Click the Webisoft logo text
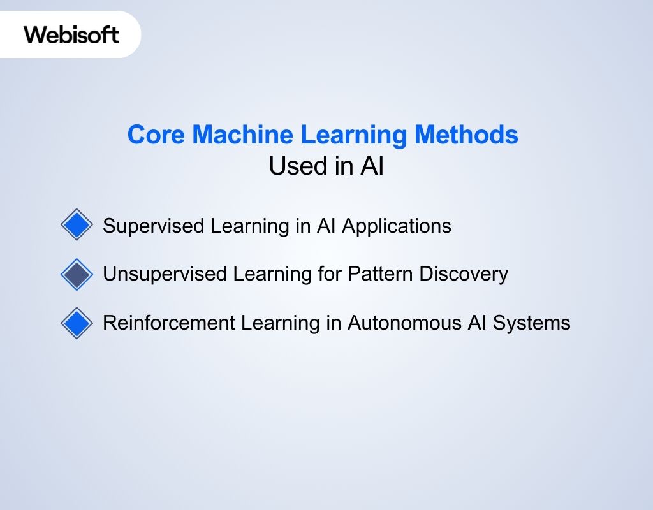pyautogui.click(x=71, y=34)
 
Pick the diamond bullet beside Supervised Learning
pyautogui.click(x=77, y=225)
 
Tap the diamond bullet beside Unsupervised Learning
pyautogui.click(x=77, y=274)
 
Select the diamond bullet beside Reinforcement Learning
pyautogui.click(x=77, y=323)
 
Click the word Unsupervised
pyautogui.click(x=164, y=274)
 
